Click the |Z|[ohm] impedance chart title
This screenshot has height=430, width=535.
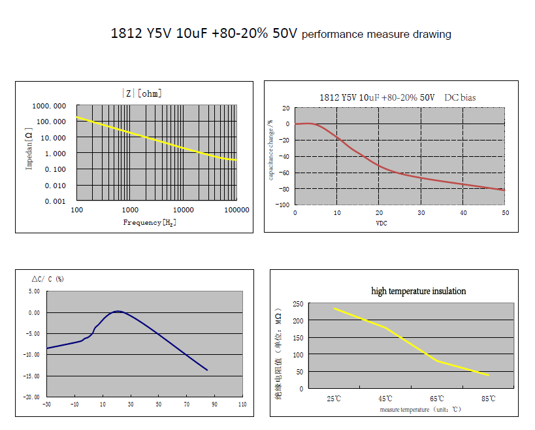pos(142,93)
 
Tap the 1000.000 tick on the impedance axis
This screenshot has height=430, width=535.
pos(50,106)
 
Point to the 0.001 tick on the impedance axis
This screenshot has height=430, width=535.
pos(57,201)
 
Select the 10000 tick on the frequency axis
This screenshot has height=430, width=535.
pos(184,210)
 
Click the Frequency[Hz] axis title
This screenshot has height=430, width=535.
pos(150,223)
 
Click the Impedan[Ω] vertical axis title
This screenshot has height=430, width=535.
pos(29,150)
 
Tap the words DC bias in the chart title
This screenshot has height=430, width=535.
pos(460,97)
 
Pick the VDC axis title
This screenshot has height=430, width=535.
pos(382,223)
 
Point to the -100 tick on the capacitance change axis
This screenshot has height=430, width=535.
pos(284,205)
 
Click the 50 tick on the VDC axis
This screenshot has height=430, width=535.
pos(504,213)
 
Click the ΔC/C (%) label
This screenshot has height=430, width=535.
pos(47,279)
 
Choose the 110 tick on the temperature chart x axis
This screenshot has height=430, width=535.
pos(242,405)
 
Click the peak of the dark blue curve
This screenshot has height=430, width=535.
pos(118,311)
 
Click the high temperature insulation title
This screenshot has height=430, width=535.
pos(418,291)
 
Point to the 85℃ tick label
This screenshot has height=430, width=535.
pos(487,399)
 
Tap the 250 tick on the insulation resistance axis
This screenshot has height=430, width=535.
pos(297,304)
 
